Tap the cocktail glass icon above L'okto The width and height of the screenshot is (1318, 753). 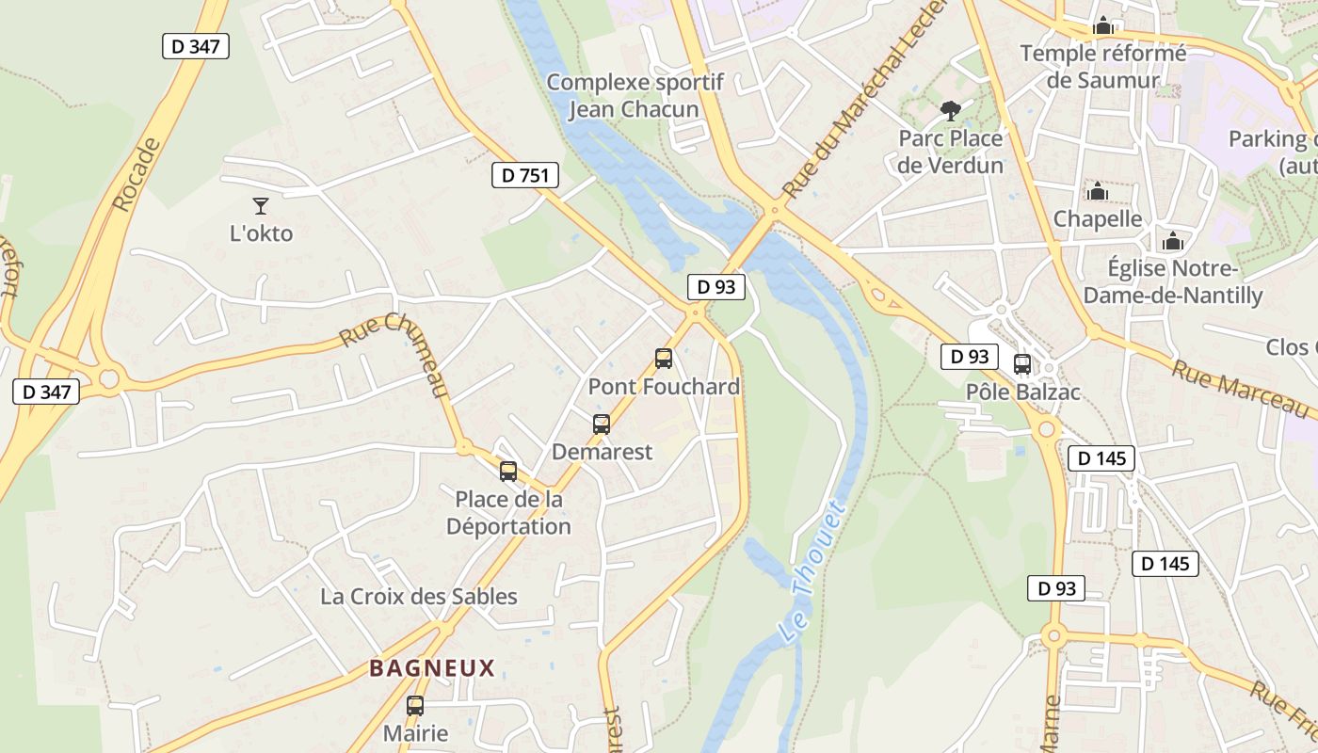pyautogui.click(x=261, y=205)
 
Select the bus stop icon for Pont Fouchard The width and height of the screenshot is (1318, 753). pyautogui.click(x=664, y=359)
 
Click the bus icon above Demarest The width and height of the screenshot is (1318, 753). pyautogui.click(x=602, y=425)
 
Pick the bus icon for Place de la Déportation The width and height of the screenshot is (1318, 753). pyautogui.click(x=508, y=472)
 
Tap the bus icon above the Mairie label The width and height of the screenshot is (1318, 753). pyautogui.click(x=415, y=705)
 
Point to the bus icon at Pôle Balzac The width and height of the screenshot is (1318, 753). pyautogui.click(x=1022, y=364)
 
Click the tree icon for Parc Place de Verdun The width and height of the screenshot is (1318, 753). pyautogui.click(x=951, y=111)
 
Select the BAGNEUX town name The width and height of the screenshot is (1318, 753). pyautogui.click(x=432, y=668)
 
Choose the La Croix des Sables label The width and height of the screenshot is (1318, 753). pyautogui.click(x=419, y=597)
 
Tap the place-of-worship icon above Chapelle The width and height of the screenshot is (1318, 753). pyautogui.click(x=1097, y=192)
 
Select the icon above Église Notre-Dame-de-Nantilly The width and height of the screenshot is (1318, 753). pyautogui.click(x=1172, y=242)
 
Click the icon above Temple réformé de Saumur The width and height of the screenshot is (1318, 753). pyautogui.click(x=1103, y=26)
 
